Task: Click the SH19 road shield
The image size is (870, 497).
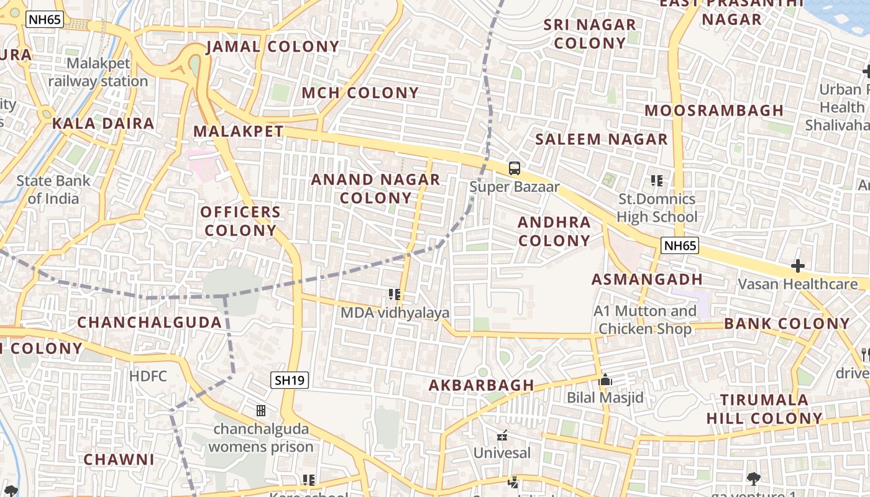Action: tap(290, 380)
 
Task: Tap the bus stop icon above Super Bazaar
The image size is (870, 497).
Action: tap(515, 168)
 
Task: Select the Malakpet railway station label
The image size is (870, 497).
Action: tap(98, 72)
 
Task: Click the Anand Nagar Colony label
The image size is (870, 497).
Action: tap(375, 189)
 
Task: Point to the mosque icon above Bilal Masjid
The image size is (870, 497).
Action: tap(605, 380)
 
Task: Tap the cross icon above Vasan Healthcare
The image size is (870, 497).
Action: tap(798, 267)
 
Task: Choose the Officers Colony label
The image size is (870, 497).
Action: tap(240, 221)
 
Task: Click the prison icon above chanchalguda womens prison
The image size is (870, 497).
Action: tap(261, 411)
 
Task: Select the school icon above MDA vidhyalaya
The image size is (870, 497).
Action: tap(395, 294)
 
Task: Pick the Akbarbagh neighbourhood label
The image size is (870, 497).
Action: tap(482, 385)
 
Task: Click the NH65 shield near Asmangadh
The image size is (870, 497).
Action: tap(680, 245)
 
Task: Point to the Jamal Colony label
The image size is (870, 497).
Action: tap(272, 47)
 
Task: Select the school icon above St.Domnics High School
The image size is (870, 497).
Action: tap(657, 181)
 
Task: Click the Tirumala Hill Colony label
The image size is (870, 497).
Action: tap(764, 409)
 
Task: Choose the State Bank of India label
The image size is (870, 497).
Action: tap(53, 189)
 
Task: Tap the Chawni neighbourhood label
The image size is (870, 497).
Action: tap(119, 460)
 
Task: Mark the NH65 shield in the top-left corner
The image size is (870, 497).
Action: tap(45, 19)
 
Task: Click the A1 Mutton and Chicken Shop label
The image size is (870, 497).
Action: tap(645, 319)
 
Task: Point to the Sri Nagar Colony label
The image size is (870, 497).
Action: tap(590, 34)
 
